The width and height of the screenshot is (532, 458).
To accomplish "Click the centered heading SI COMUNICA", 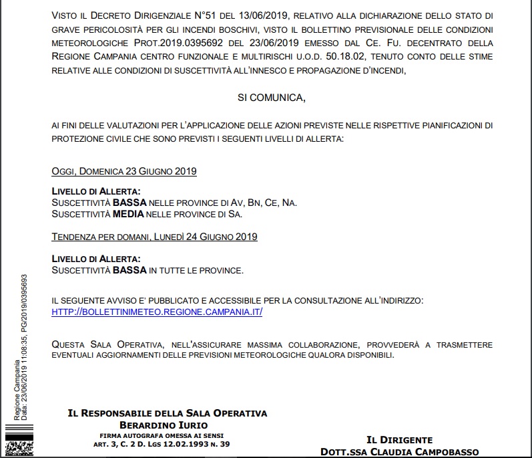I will (x=271, y=98).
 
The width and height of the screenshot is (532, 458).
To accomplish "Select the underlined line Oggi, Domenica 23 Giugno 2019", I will (x=124, y=171).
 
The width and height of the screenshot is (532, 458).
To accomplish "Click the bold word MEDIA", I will (x=129, y=215).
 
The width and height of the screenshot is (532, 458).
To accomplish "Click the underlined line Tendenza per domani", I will (x=154, y=237).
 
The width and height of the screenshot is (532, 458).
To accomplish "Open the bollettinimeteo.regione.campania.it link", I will (x=157, y=312).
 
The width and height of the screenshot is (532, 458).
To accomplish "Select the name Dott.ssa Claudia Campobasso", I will (x=409, y=451).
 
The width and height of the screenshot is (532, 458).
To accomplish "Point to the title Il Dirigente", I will (x=399, y=439).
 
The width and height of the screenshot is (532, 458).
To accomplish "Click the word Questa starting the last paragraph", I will (x=69, y=344).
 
